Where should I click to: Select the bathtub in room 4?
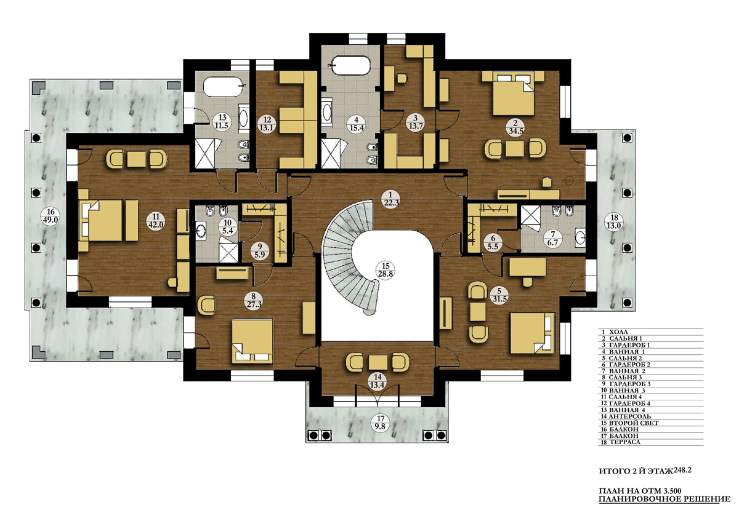352,66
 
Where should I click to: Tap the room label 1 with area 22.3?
390,199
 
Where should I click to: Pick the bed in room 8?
252,341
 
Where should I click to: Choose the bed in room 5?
532,333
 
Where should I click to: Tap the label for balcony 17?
381,423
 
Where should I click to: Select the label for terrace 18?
614,222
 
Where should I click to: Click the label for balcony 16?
50,216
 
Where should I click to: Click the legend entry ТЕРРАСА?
621,442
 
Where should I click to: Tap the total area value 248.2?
682,470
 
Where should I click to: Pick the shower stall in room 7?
530,215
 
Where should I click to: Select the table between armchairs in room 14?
378,362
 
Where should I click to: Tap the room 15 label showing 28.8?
386,270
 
